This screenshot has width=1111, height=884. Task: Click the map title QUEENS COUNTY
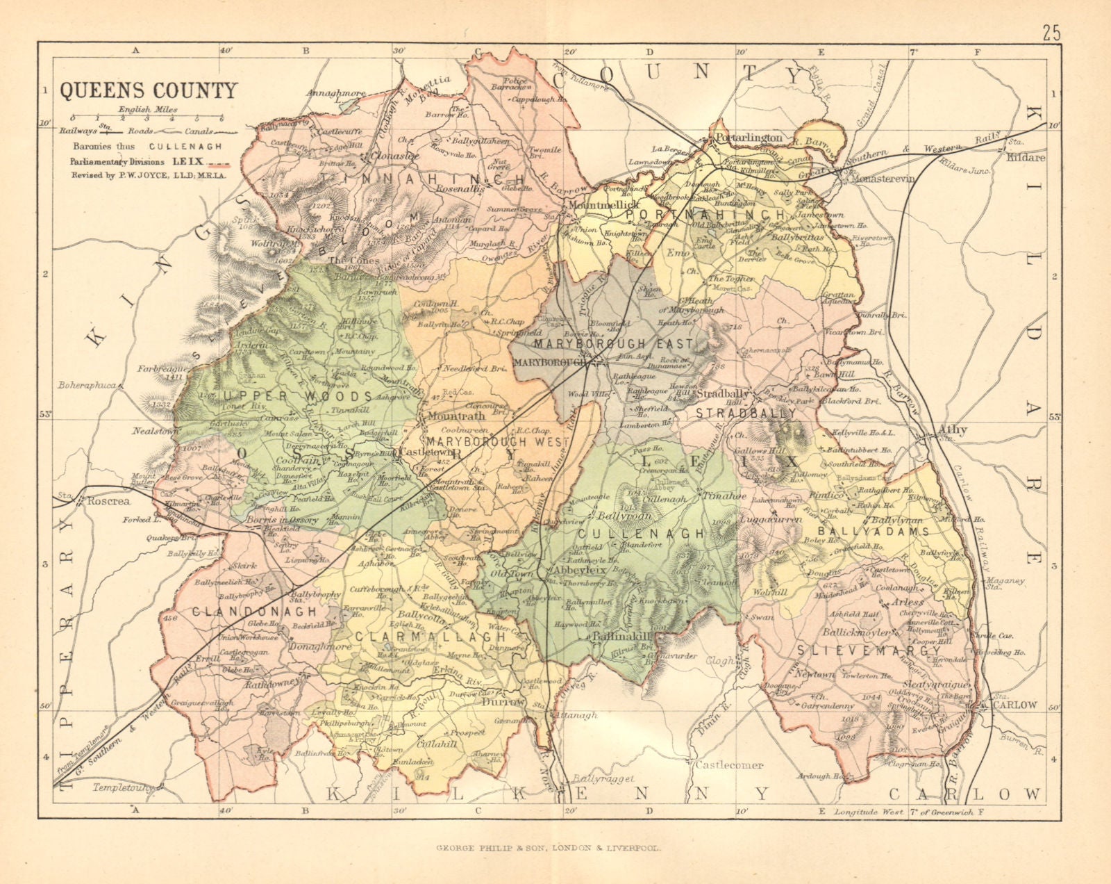point(148,91)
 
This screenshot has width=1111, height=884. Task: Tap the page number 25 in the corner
point(1051,33)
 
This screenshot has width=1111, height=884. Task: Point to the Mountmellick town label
point(594,206)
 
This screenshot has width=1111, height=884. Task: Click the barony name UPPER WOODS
point(298,396)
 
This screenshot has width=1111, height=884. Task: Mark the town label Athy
point(952,429)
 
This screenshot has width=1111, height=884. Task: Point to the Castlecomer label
point(729,765)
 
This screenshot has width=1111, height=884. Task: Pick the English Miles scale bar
point(147,119)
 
